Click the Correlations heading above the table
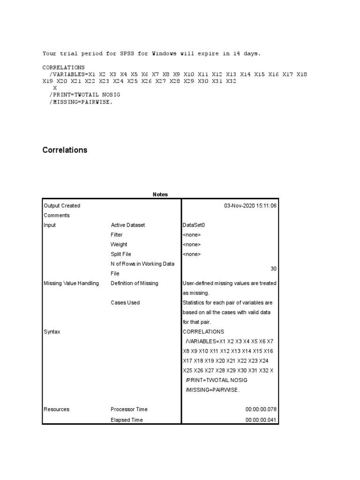click(65, 150)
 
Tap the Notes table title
click(160, 195)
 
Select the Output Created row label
click(62, 206)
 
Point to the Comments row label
click(57, 216)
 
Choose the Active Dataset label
click(128, 225)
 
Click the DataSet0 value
click(194, 225)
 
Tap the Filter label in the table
click(117, 235)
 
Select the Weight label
click(119, 245)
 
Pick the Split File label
click(121, 254)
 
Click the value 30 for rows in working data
click(274, 269)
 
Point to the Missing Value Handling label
click(71, 283)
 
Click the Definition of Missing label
click(135, 283)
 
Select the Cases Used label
click(125, 303)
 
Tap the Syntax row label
click(52, 332)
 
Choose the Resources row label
click(56, 409)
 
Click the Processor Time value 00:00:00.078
click(261, 409)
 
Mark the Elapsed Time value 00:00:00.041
click(261, 420)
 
